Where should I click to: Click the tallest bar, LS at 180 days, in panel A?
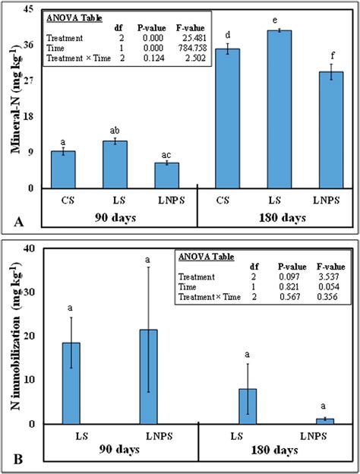pyautogui.click(x=279, y=109)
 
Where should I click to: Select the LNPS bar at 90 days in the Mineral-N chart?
pyautogui.click(x=167, y=175)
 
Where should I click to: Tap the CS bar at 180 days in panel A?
pyautogui.click(x=228, y=118)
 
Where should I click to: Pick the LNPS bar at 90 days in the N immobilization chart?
pyautogui.click(x=148, y=377)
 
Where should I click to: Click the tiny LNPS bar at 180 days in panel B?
pyautogui.click(x=325, y=422)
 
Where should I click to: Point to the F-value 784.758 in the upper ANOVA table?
pyautogui.click(x=191, y=48)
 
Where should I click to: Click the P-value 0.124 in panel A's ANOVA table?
pyautogui.click(x=154, y=58)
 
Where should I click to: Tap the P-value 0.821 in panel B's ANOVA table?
pyautogui.click(x=289, y=286)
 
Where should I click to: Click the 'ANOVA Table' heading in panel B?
pyautogui.click(x=207, y=257)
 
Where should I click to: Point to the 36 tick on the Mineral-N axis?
pyautogui.click(x=30, y=45)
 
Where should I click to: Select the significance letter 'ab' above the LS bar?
pyautogui.click(x=115, y=131)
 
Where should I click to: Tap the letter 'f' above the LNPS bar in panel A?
pyautogui.click(x=332, y=55)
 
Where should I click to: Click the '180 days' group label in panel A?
pyautogui.click(x=283, y=218)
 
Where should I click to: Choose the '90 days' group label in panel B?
pyautogui.click(x=119, y=449)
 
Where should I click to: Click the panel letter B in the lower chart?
pyautogui.click(x=17, y=460)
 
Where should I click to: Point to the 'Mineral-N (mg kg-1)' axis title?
pyautogui.click(x=16, y=100)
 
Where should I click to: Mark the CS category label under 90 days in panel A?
pyautogui.click(x=68, y=201)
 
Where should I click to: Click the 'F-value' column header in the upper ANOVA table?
pyautogui.click(x=191, y=28)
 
